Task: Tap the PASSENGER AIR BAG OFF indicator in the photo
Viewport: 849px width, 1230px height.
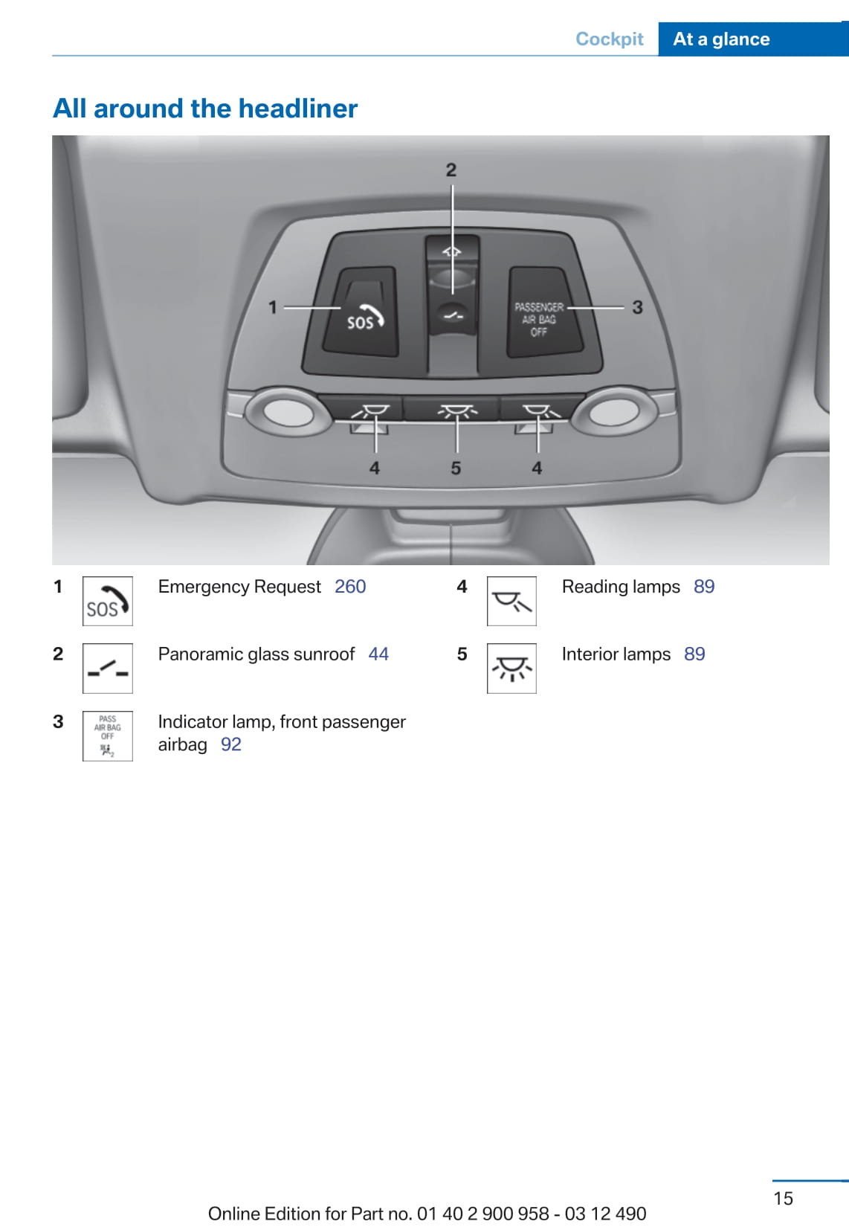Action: [x=543, y=312]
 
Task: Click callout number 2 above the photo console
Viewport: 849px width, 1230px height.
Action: [x=451, y=170]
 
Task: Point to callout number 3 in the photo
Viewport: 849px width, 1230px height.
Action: [x=637, y=308]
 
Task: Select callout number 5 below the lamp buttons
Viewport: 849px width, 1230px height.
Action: [x=456, y=469]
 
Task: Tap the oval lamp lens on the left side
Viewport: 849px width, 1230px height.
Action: [x=288, y=413]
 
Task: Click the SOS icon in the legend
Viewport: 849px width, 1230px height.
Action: [x=108, y=601]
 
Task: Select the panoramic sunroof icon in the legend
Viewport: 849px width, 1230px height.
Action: [x=108, y=669]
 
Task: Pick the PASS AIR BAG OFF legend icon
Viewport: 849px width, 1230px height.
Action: [x=108, y=735]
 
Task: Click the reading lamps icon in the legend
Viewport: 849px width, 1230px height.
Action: [x=511, y=601]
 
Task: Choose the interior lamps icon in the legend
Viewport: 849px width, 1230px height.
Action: [x=511, y=669]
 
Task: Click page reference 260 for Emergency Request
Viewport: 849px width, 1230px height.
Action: [x=350, y=587]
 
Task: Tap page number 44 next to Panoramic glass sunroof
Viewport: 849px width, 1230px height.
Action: [x=378, y=654]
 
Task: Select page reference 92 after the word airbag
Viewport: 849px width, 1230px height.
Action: [x=231, y=744]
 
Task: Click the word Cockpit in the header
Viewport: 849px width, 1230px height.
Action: [x=609, y=39]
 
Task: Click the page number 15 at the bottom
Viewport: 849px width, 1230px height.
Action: [x=783, y=1198]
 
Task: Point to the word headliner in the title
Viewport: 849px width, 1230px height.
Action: [x=298, y=108]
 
